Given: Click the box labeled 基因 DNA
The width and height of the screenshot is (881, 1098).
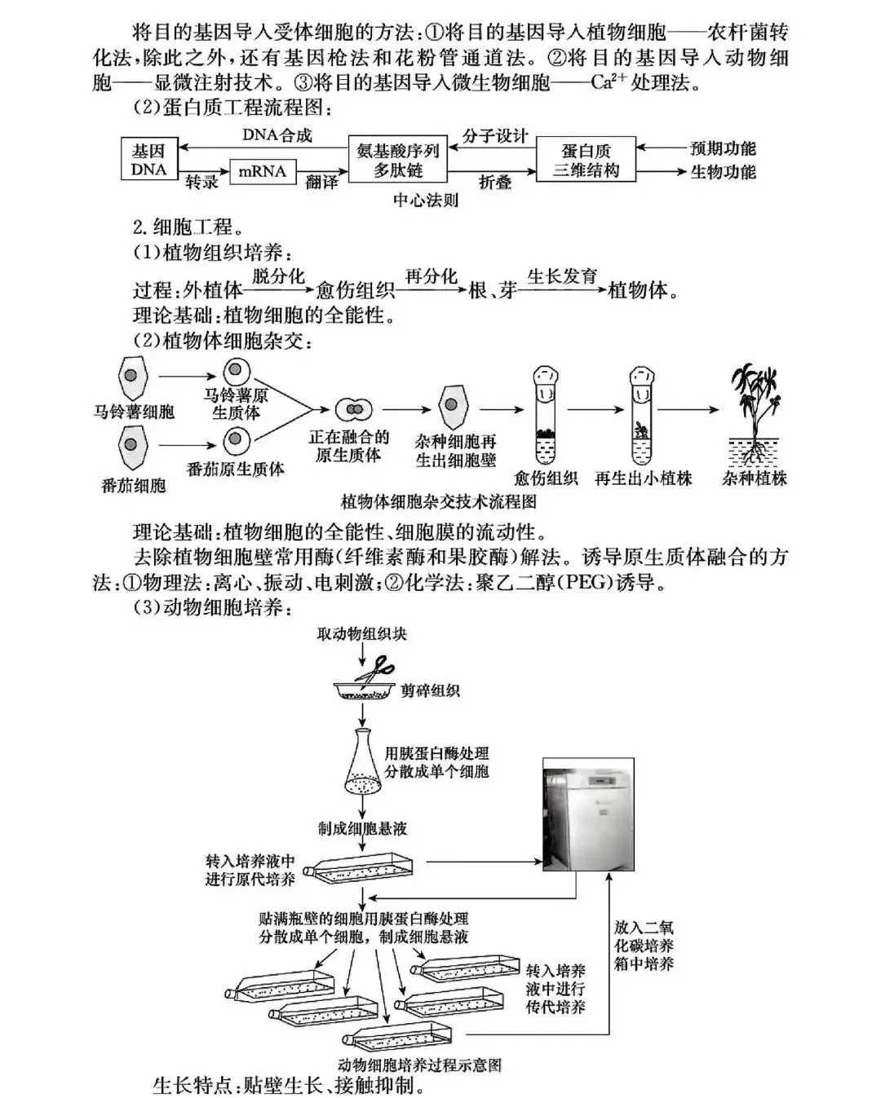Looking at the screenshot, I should coord(148,160).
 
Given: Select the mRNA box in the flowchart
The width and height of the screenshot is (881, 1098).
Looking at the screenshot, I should coord(263,171).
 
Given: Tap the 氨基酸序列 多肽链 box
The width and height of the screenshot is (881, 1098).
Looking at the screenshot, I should coord(398,160).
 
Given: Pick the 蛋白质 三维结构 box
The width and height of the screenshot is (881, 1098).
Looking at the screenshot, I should coord(586,160).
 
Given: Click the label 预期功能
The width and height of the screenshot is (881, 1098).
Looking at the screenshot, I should coord(723,148).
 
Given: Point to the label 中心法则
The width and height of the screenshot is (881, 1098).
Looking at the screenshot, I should coord(426,200).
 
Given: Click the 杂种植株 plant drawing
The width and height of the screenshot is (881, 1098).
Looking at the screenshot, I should coord(755,416).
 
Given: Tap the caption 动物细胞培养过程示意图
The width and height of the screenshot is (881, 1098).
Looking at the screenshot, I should coord(419,1065).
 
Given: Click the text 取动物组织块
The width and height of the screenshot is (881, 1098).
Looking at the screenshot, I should coord(361,633).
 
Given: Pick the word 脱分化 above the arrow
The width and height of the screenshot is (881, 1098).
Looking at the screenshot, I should coord(278,276).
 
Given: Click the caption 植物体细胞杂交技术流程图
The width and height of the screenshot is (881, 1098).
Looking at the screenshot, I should coord(438,500).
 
